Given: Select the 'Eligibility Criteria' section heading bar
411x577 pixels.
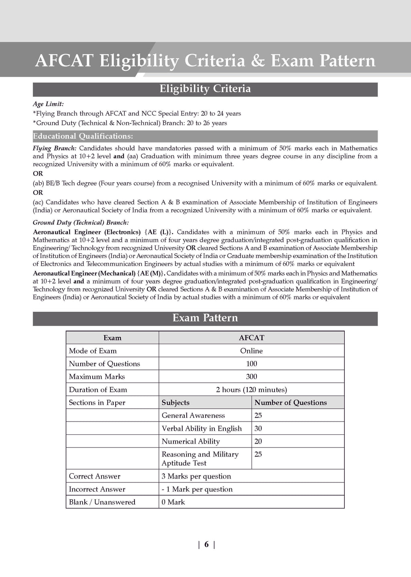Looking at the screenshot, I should click(205, 89).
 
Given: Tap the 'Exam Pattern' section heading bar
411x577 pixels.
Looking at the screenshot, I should click(205, 318).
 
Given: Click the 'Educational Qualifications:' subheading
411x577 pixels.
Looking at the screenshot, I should click(83, 136).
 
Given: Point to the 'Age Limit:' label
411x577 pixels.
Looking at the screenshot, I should click(48, 104).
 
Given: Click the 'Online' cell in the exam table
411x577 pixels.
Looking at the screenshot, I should click(251, 351).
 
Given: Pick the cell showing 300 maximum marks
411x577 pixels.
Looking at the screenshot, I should click(251, 377).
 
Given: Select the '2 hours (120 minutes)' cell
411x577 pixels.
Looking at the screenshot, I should click(251, 389).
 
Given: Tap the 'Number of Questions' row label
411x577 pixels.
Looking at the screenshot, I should click(104, 364).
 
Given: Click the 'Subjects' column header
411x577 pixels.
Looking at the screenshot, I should click(175, 403).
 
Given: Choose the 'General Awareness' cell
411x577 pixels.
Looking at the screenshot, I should click(193, 416).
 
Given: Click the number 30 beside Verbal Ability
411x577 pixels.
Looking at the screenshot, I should click(258, 428).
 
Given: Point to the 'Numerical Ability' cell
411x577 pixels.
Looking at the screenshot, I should click(191, 441).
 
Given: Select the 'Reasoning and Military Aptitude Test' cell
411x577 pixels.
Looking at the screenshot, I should click(200, 458).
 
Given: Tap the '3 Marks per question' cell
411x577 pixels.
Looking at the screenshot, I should click(196, 476).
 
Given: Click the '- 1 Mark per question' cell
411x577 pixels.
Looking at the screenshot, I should click(197, 489).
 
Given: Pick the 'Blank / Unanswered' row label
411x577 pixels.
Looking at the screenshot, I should click(102, 502).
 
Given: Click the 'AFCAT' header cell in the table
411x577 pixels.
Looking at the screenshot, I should click(251, 338).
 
